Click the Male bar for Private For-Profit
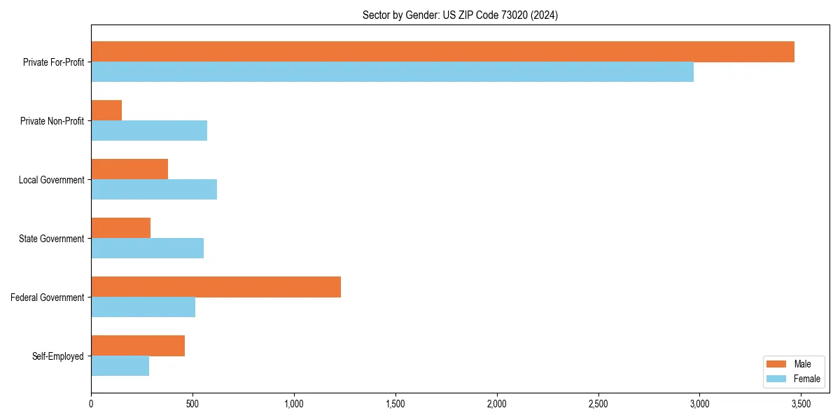(x=442, y=52)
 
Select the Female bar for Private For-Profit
(x=392, y=72)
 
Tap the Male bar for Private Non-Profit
(x=106, y=111)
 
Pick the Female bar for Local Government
(x=154, y=190)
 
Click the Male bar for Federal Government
(x=216, y=287)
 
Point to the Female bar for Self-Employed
(x=120, y=366)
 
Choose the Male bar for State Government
(x=120, y=228)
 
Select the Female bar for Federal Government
(x=143, y=307)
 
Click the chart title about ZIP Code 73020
(x=460, y=15)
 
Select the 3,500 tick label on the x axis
(x=801, y=404)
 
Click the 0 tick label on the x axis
(x=91, y=404)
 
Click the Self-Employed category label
(x=57, y=356)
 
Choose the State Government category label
(x=51, y=239)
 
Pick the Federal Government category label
(x=47, y=297)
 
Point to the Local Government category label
(x=51, y=180)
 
